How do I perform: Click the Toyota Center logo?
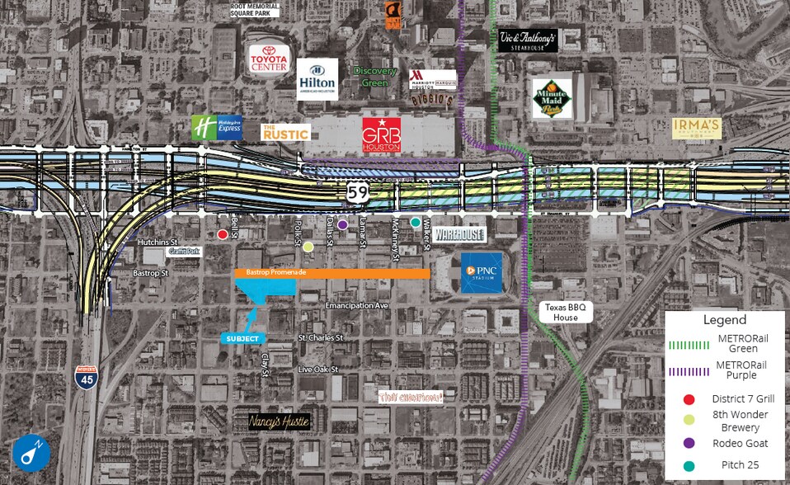tap(270, 59)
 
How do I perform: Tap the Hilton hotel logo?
tap(317, 79)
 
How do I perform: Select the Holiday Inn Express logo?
tap(217, 128)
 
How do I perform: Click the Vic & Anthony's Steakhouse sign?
tap(529, 40)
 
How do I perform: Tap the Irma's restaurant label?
tap(697, 128)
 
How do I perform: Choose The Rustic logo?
tap(285, 132)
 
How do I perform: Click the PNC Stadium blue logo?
tap(482, 273)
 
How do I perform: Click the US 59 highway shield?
tap(357, 193)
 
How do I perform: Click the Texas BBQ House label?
tap(565, 311)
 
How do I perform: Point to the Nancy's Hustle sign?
tap(280, 421)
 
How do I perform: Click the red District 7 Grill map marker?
tap(223, 235)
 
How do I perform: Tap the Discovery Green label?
tap(375, 77)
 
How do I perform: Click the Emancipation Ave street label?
tap(356, 305)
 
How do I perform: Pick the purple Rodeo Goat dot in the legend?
tap(689, 443)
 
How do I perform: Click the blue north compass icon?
tap(31, 454)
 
